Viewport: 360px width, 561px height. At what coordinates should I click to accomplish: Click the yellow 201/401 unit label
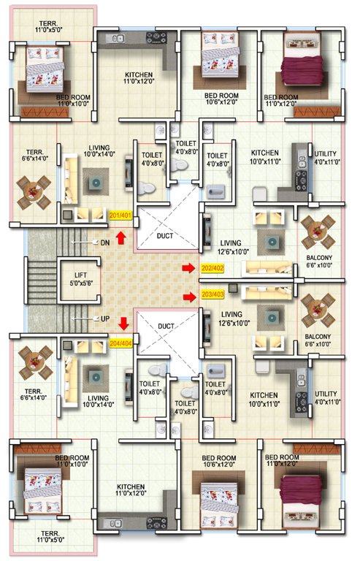120,215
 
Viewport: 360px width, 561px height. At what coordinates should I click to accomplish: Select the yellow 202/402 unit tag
213,268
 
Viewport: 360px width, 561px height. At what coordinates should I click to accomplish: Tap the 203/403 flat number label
213,296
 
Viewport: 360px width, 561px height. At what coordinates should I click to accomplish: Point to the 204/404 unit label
120,342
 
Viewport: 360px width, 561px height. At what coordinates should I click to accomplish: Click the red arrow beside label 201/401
121,236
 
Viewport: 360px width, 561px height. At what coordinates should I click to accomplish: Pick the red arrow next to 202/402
190,268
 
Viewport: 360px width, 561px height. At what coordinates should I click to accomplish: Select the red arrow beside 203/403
190,296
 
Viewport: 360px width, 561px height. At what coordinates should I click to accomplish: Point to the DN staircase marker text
105,242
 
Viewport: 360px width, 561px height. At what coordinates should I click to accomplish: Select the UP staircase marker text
106,319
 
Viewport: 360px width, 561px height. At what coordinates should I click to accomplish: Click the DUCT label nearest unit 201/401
165,237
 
